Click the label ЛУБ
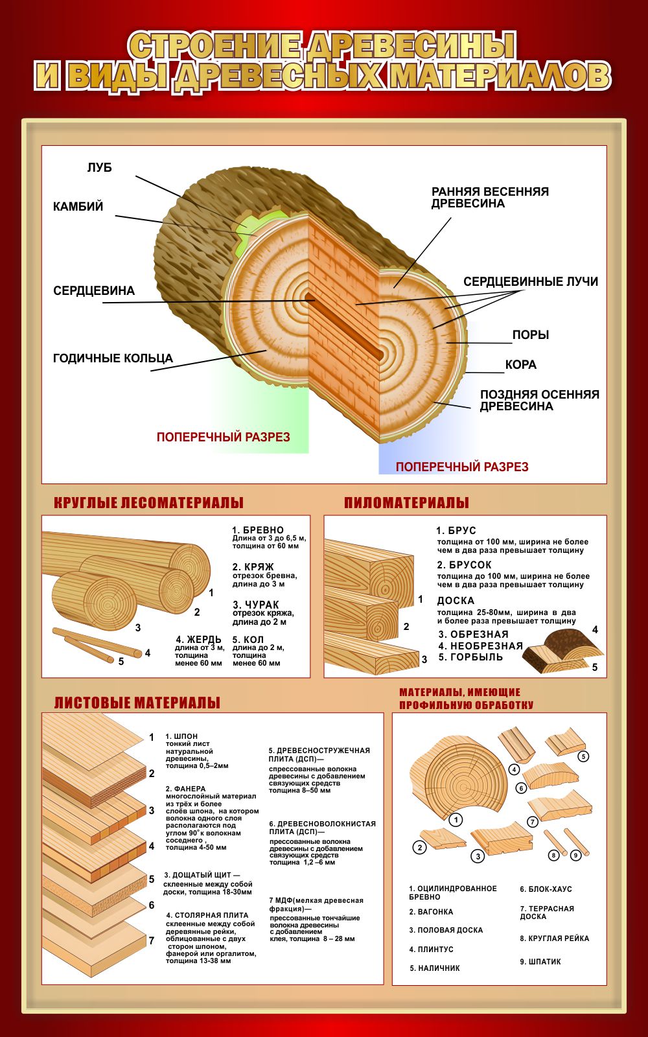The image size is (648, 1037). click(99, 168)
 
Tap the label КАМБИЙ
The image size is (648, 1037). click(78, 207)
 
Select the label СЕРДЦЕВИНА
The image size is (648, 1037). click(94, 291)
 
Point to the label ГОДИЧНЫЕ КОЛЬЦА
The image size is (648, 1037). click(113, 358)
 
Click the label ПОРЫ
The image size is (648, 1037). click(530, 335)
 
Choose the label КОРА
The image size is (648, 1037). click(520, 365)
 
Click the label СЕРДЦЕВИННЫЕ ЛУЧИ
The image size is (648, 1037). click(530, 282)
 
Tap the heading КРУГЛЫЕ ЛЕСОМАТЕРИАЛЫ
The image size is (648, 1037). click(148, 503)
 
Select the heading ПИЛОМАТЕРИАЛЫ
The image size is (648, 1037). click(406, 503)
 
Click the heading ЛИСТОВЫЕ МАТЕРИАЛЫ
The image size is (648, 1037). click(137, 703)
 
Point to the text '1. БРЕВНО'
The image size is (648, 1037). click(258, 530)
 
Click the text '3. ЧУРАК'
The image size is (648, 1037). click(255, 605)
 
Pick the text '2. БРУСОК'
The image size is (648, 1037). click(464, 565)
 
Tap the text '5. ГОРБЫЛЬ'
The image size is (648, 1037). click(470, 657)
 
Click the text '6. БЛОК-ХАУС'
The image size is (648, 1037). click(546, 889)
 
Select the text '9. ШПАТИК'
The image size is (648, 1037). click(540, 962)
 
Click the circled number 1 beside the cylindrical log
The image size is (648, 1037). click(456, 820)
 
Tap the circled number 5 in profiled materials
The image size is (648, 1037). click(583, 756)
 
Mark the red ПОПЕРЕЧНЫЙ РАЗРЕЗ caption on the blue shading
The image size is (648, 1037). click(462, 467)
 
